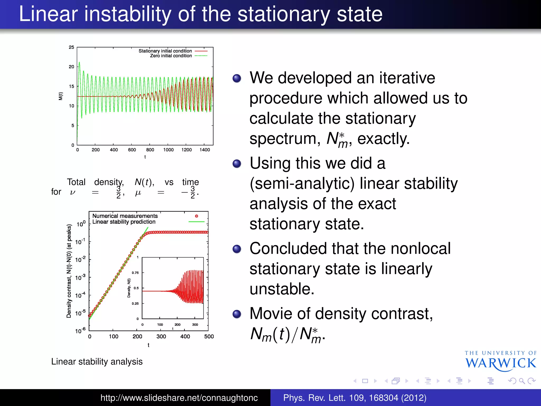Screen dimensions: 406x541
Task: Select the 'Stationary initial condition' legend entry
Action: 165,51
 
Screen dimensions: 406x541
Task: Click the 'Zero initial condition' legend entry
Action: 171,56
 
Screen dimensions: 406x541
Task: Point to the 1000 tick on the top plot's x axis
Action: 168,150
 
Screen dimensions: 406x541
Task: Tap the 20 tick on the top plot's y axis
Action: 71,67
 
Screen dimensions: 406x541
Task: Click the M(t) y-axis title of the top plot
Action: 61,96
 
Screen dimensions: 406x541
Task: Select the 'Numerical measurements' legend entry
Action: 125,216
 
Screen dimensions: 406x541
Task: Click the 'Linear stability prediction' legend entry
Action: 124,222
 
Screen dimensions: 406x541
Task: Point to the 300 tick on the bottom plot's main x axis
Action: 161,336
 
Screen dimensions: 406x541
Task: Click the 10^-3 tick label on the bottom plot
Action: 80,277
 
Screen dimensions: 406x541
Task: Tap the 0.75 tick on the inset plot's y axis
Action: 135,273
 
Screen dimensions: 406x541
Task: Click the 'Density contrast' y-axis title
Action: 69,271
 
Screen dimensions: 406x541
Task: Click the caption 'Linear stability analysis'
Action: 97,361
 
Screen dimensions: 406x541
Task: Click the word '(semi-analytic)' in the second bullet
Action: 302,183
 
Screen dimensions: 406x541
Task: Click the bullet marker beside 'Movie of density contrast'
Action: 237,314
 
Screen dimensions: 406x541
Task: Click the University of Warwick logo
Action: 500,361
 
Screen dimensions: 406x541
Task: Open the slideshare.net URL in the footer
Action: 179,398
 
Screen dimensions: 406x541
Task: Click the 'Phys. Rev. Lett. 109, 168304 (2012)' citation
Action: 355,398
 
